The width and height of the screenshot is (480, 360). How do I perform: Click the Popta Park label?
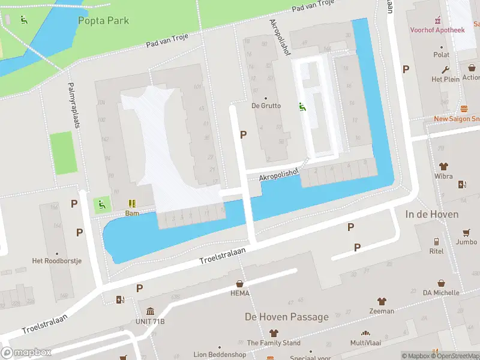(103, 20)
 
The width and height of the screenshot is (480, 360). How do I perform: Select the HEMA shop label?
(240, 293)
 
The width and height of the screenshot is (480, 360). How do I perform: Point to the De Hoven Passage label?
(286, 317)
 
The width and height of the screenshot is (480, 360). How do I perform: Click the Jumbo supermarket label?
(466, 242)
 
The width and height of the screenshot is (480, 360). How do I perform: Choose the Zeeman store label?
(381, 311)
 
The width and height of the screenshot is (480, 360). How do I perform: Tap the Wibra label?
(443, 176)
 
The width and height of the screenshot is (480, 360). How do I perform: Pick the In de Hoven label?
(431, 214)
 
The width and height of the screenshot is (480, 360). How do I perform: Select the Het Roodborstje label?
(56, 261)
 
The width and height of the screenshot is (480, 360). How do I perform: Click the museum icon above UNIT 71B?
(150, 311)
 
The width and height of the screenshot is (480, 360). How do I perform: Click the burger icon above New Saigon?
(464, 109)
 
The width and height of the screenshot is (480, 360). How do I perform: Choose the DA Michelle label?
(441, 292)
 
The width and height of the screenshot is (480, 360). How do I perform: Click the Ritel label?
(436, 251)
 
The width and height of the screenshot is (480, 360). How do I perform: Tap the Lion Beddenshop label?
(220, 355)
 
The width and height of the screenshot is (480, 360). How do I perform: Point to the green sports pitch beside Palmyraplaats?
(62, 154)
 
